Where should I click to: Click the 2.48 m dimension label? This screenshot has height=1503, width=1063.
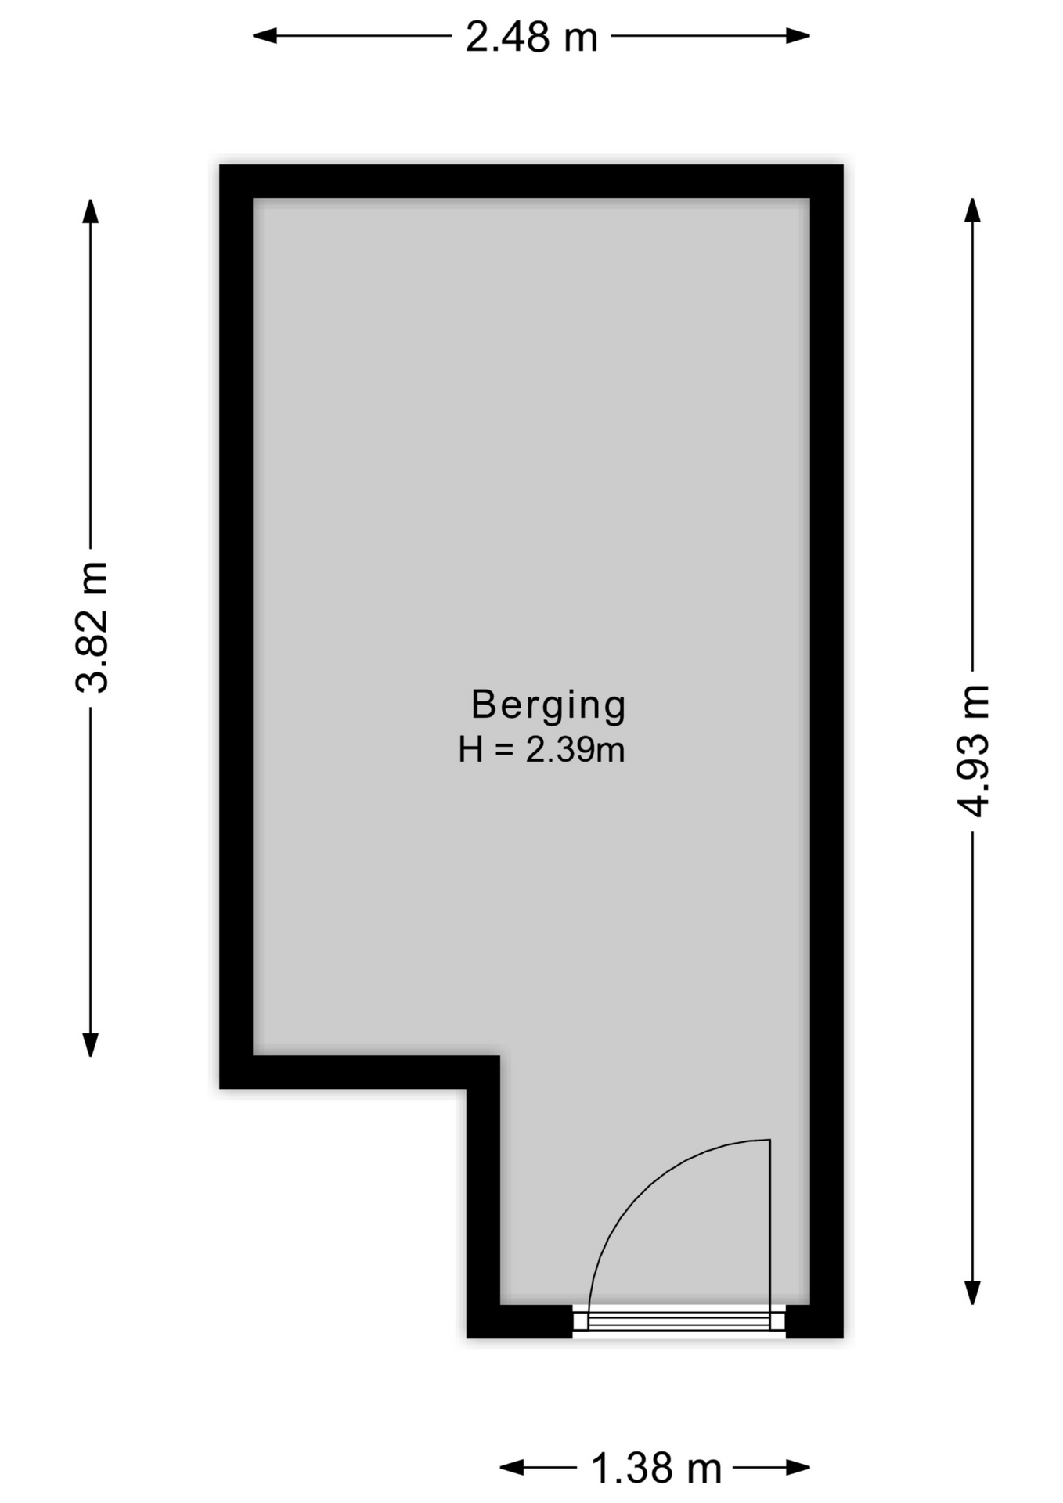[x=531, y=37]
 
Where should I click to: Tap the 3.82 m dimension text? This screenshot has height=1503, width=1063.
[x=92, y=627]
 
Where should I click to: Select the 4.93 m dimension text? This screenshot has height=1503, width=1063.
[x=974, y=751]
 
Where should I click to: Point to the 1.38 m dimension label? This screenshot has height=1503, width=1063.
[x=656, y=1468]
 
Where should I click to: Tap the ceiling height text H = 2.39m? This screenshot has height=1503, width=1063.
[x=542, y=750]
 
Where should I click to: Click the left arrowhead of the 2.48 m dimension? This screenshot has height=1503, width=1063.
[x=265, y=36]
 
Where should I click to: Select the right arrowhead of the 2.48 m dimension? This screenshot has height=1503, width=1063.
[x=798, y=36]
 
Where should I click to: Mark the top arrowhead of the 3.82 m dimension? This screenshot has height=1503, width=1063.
[x=91, y=211]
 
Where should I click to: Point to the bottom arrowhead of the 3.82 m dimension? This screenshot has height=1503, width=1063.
[x=91, y=1044]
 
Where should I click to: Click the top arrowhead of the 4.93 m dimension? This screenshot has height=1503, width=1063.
[x=972, y=211]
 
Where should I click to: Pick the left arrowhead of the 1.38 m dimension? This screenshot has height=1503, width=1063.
[x=512, y=1467]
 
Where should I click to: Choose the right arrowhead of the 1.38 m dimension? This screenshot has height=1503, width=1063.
[x=798, y=1467]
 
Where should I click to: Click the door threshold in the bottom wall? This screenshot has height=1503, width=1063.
[x=679, y=1321]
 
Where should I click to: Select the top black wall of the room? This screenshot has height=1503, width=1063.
[x=531, y=182]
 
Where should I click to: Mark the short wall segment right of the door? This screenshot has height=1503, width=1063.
[x=814, y=1321]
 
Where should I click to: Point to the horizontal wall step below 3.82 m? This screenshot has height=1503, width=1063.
[x=360, y=1072]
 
